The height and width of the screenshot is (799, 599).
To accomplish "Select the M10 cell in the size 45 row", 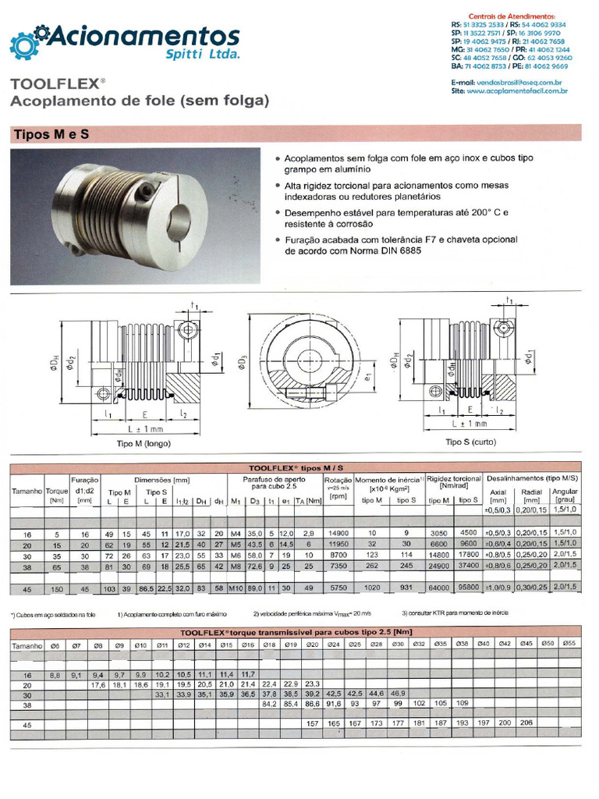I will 236,587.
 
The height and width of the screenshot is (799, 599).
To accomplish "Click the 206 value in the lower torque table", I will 526,723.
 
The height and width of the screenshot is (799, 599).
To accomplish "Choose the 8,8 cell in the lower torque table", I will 55,674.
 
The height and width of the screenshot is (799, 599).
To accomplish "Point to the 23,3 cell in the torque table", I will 313,684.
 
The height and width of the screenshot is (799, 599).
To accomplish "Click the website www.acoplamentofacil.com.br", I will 517,91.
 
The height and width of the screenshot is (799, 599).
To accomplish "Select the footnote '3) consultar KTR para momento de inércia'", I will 455,613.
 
